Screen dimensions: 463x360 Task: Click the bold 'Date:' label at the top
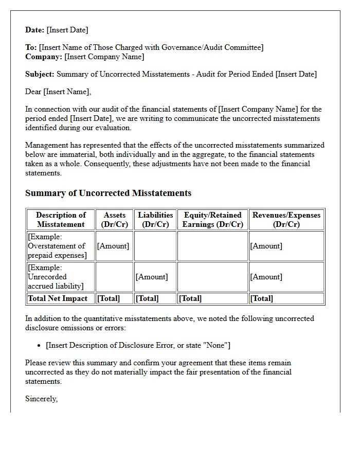(x=35, y=30)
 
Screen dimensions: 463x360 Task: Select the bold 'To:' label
(x=31, y=47)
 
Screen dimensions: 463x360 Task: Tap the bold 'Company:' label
(x=44, y=57)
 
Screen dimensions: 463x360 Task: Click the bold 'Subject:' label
(x=40, y=74)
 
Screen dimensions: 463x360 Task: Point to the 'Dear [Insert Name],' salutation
(x=58, y=92)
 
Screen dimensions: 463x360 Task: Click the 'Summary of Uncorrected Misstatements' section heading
(x=108, y=193)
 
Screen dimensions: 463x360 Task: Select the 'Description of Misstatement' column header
(x=61, y=220)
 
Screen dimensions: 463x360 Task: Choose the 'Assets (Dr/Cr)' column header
(x=114, y=220)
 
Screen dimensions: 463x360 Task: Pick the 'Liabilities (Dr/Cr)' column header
(x=155, y=220)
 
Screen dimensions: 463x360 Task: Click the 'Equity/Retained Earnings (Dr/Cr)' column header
(x=212, y=220)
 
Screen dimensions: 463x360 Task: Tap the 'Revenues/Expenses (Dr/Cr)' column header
(x=286, y=220)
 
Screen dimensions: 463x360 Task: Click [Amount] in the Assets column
(x=113, y=246)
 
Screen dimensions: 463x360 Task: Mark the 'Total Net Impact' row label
(x=58, y=298)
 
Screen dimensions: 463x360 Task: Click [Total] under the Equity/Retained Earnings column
(x=190, y=298)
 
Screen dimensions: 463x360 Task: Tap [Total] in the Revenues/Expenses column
(x=262, y=298)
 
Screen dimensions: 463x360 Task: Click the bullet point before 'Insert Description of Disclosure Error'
(x=40, y=345)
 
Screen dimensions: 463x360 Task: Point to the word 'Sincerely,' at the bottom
(x=42, y=399)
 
